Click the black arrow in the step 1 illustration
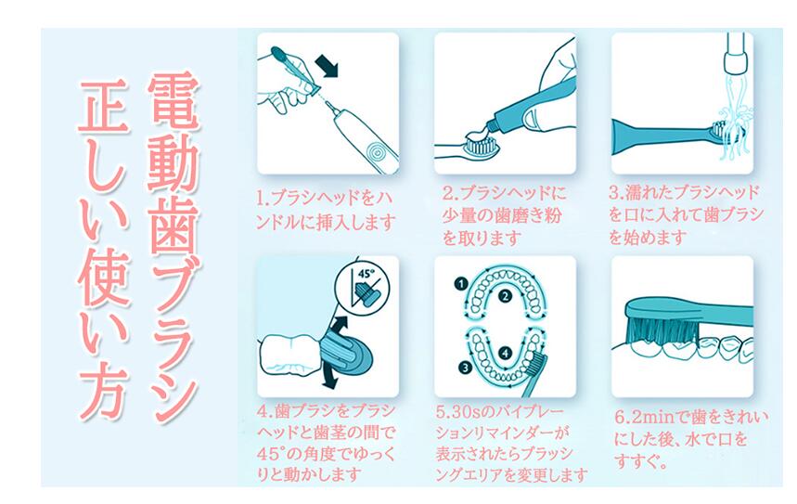click(327, 66)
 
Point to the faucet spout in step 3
click(737, 54)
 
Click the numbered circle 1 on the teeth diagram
click(460, 284)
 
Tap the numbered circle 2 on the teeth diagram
click(504, 296)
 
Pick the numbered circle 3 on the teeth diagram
click(463, 367)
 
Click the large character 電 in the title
click(173, 103)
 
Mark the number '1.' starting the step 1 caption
click(263, 198)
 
